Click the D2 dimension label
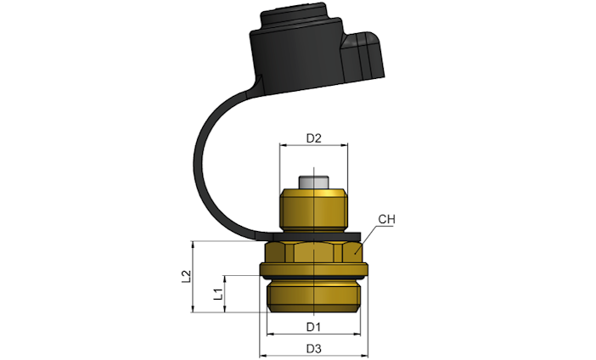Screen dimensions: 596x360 313,138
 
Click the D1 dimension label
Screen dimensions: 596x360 313,327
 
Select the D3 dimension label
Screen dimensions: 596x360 313,349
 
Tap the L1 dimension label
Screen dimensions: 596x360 218,294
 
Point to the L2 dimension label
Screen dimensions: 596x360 186,276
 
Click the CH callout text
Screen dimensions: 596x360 386,219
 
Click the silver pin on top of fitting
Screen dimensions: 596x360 313,182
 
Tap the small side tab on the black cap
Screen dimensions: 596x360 363,56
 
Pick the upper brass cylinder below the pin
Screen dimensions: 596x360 313,210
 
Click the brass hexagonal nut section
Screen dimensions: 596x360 313,252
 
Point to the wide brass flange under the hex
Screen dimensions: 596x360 313,269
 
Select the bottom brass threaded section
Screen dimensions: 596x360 313,296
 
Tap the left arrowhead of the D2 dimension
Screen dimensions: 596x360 282,145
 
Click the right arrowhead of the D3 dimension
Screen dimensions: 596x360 365,356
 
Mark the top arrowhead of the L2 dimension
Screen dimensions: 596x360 193,244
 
